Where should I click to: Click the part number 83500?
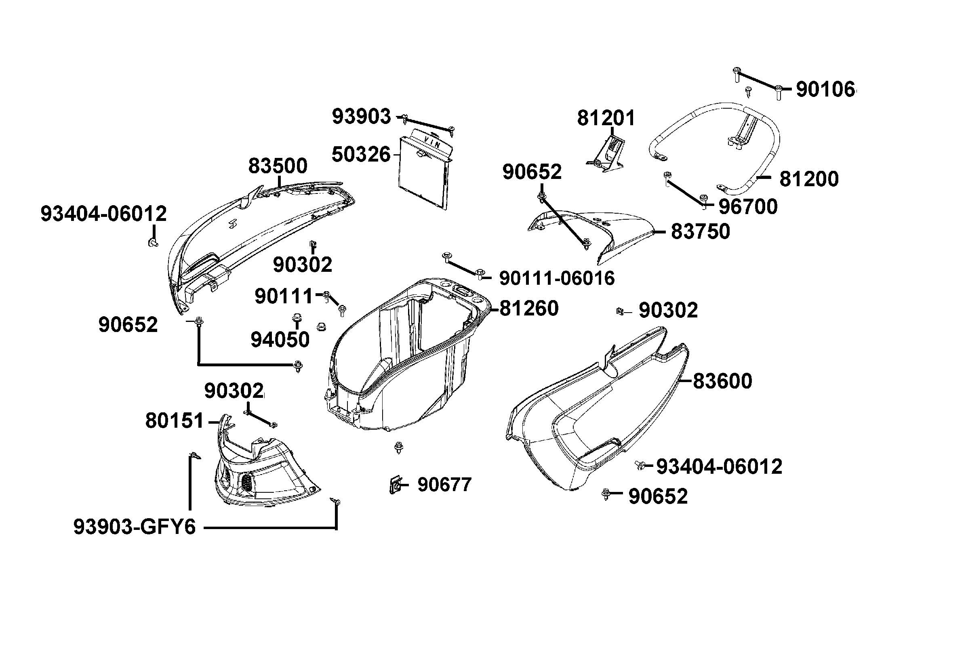(278, 166)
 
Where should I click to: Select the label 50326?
(361, 155)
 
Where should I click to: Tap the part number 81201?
(606, 118)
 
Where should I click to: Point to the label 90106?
(825, 89)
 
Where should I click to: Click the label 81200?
(809, 179)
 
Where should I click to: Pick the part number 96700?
(748, 206)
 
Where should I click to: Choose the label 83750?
(700, 231)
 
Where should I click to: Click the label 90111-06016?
(557, 279)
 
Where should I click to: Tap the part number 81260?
(529, 308)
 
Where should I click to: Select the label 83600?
(722, 381)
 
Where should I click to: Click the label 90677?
(444, 485)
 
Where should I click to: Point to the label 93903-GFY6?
(135, 527)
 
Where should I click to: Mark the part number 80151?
(175, 421)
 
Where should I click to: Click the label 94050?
(280, 340)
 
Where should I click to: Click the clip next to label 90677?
(395, 485)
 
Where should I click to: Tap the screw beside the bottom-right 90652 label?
(606, 494)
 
